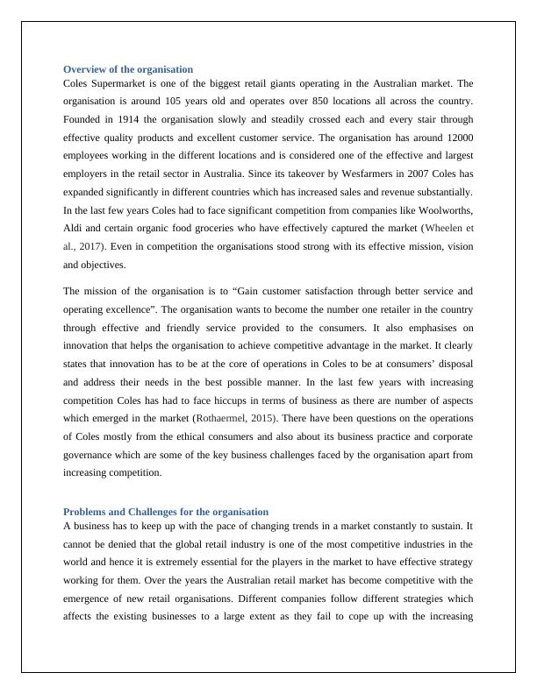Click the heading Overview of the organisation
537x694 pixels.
click(128, 68)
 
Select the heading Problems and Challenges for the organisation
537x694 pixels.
click(166, 511)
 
